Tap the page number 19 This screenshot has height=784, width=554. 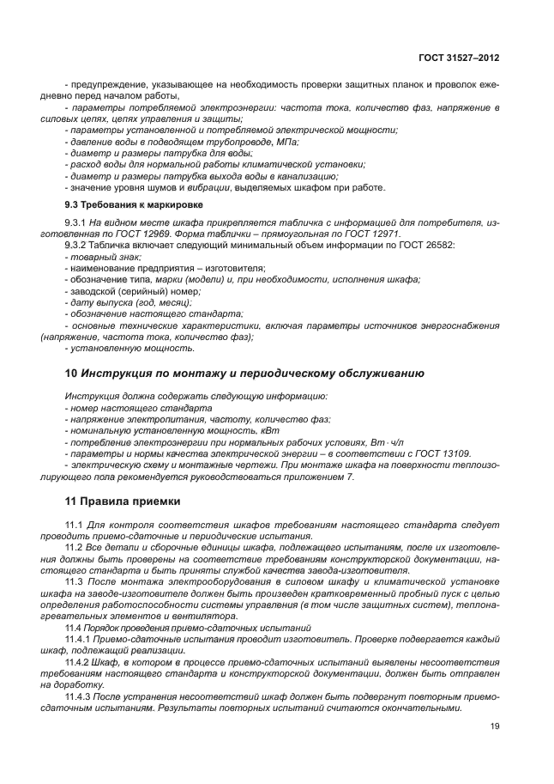[495, 726]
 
